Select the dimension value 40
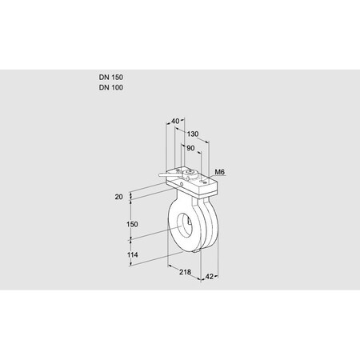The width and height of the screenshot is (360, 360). pos(175,122)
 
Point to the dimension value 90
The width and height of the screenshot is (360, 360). pos(190,149)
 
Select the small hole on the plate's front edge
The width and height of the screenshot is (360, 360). pos(183,186)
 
